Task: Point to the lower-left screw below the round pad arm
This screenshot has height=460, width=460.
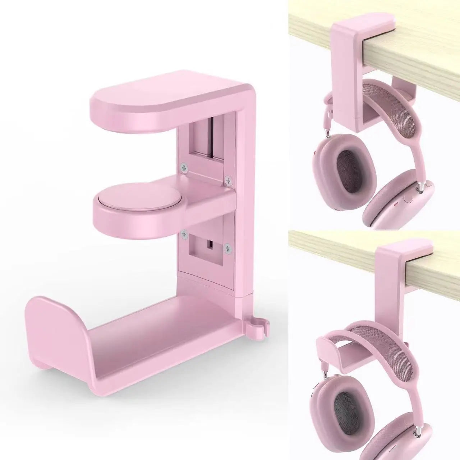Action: coord(184,234)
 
